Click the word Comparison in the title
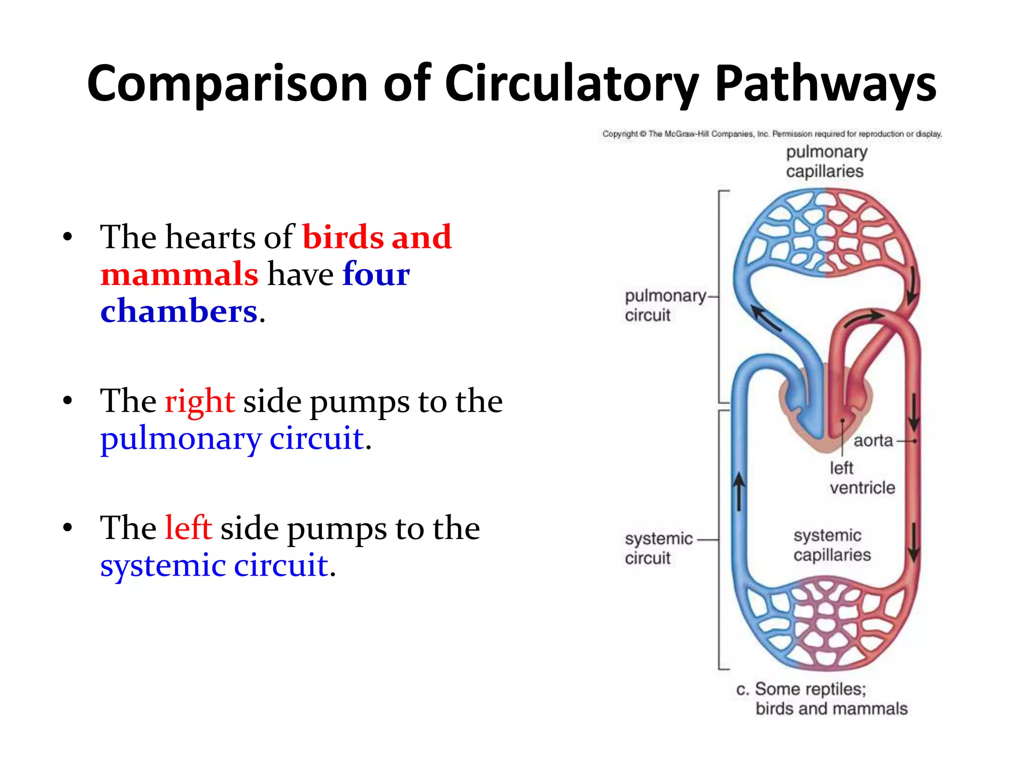pyautogui.click(x=227, y=84)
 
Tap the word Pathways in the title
pyautogui.click(x=824, y=84)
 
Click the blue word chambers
pyautogui.click(x=178, y=311)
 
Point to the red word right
pyautogui.click(x=199, y=401)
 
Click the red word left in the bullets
pyautogui.click(x=188, y=528)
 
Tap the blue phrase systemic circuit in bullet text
pyautogui.click(x=214, y=565)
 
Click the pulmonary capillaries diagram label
pyautogui.click(x=825, y=161)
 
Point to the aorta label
pyautogui.click(x=873, y=440)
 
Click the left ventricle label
pyautogui.click(x=861, y=477)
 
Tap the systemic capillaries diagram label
pyautogui.click(x=831, y=545)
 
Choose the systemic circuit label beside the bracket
pyautogui.click(x=658, y=548)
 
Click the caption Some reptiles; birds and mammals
pyautogui.click(x=822, y=698)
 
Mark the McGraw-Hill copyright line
pyautogui.click(x=771, y=134)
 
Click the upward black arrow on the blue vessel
pyautogui.click(x=739, y=492)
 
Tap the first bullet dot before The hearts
pyautogui.click(x=68, y=237)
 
